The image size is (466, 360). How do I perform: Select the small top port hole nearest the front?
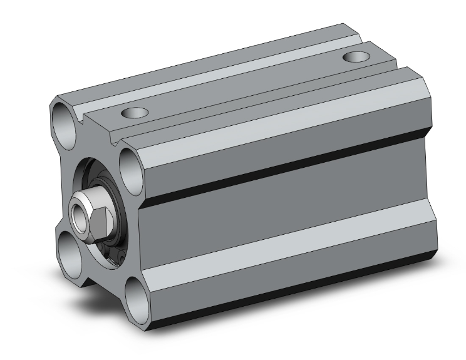[133, 113]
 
